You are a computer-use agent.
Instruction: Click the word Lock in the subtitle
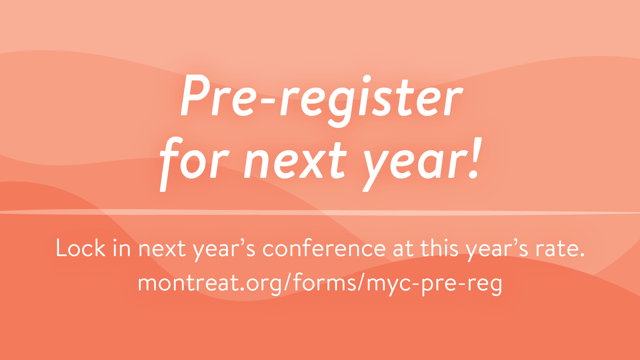coord(80,248)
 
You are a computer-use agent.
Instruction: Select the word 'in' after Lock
coord(122,248)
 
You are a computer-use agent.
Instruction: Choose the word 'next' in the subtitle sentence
coord(162,249)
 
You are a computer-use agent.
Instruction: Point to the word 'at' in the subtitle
coord(403,249)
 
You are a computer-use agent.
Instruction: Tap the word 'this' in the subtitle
coord(439,248)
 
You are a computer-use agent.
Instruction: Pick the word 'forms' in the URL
coord(325,282)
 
